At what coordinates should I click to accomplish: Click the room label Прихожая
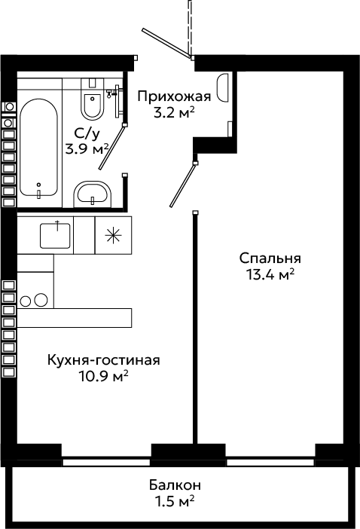tap(174, 96)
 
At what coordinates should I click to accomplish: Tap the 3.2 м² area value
tap(174, 113)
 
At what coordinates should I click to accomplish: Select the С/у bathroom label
tap(87, 134)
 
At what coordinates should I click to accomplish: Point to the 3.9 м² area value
tap(87, 148)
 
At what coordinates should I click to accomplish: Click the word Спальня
tap(270, 258)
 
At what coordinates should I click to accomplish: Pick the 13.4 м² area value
tap(270, 274)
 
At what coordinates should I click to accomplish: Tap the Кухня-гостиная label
tap(103, 360)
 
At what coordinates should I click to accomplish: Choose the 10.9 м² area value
tap(103, 376)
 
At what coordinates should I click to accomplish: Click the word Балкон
tap(175, 485)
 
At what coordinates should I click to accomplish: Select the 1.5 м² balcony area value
tap(175, 501)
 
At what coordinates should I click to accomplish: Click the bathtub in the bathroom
tap(38, 147)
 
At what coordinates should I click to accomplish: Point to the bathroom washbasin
tap(93, 194)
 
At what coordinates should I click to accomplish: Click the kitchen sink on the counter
tap(55, 235)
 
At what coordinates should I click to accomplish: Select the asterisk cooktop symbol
tap(113, 235)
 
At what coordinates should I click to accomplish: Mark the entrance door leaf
tap(166, 43)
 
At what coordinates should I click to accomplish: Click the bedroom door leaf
tap(183, 185)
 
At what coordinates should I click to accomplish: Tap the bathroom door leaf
tap(112, 147)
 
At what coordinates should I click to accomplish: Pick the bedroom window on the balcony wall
tap(270, 462)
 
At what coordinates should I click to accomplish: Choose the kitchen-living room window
tap(106, 462)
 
